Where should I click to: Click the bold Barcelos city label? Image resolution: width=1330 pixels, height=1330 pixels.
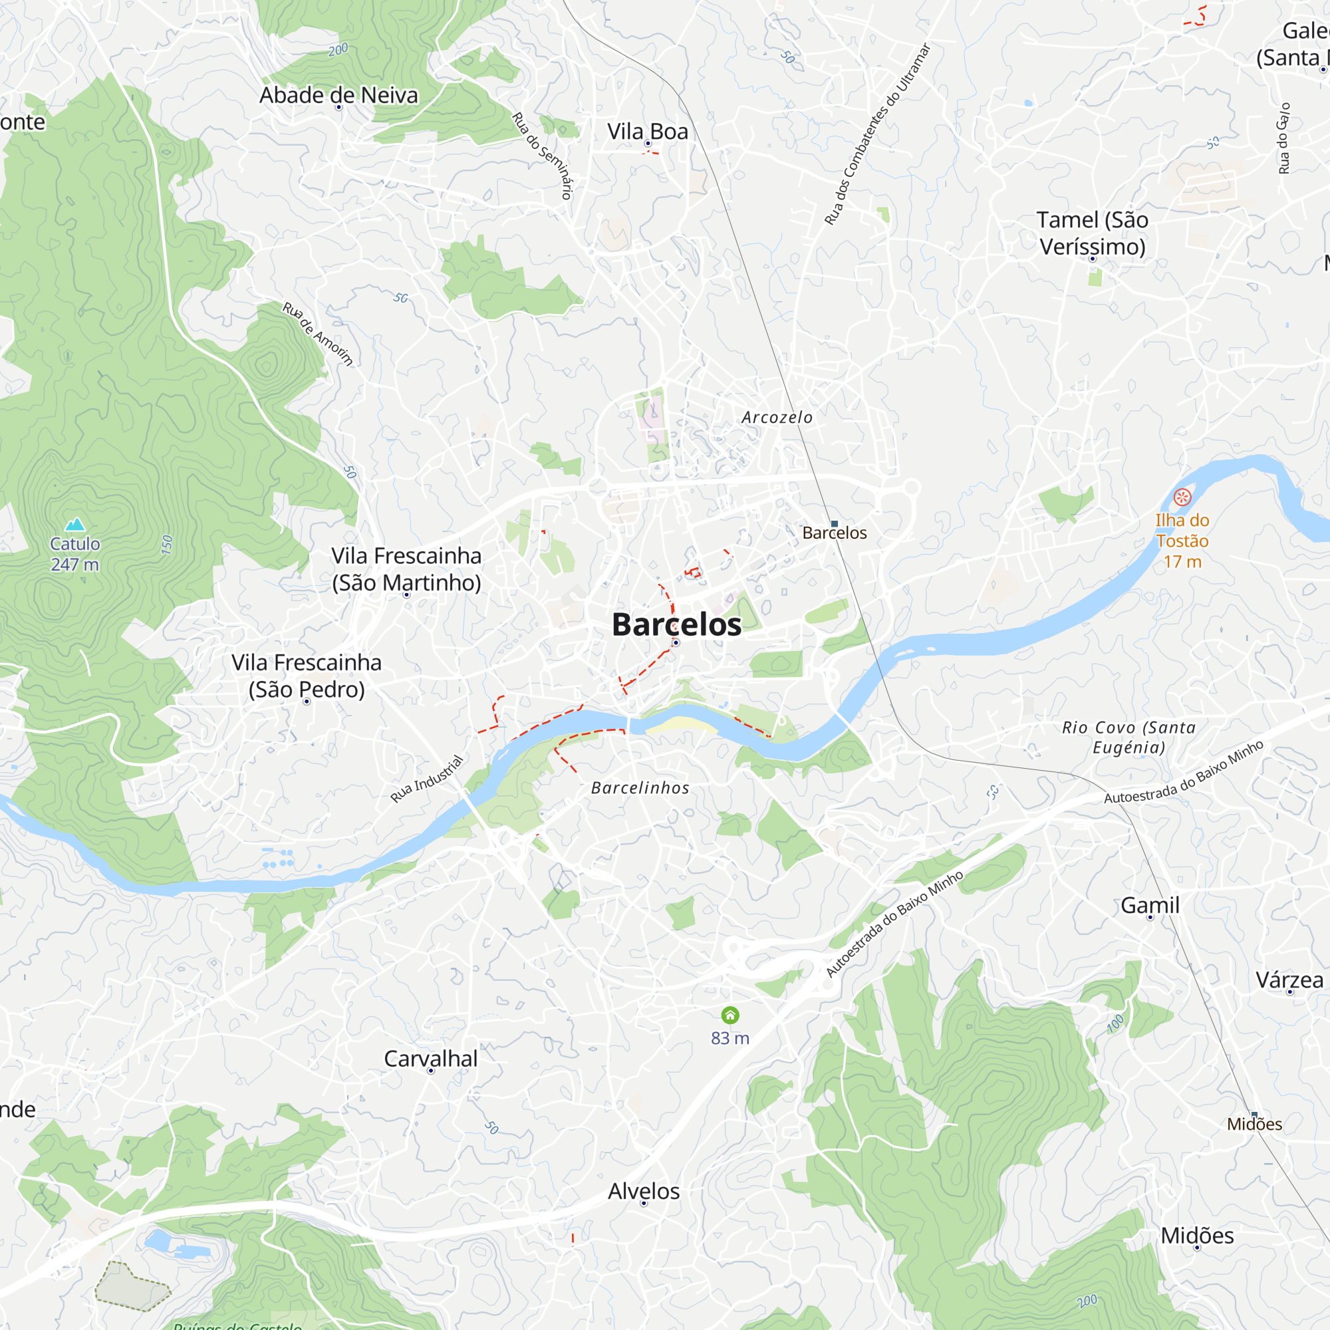click(x=676, y=624)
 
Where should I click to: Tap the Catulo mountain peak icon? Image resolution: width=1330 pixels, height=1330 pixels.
click(x=74, y=525)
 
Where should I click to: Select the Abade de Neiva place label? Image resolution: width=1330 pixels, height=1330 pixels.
click(x=338, y=95)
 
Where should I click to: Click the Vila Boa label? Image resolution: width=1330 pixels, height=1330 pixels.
click(x=647, y=131)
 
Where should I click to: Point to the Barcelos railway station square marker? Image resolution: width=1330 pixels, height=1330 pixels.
click(x=835, y=524)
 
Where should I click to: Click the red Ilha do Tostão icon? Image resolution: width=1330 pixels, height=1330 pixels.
click(x=1182, y=497)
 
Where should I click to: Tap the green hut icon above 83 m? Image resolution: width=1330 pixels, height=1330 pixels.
click(x=730, y=1015)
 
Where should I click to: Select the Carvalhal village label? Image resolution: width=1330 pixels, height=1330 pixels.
click(x=430, y=1058)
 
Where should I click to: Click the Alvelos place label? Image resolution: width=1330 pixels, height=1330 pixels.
click(x=644, y=1191)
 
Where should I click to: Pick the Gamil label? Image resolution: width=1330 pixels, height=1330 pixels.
click(x=1150, y=905)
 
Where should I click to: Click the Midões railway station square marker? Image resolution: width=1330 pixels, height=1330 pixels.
click(x=1254, y=1115)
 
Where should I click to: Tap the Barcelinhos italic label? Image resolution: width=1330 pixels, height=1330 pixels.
click(x=640, y=788)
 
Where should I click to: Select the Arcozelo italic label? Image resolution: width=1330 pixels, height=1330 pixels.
click(x=777, y=417)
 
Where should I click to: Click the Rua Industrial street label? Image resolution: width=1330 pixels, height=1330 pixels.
click(x=427, y=779)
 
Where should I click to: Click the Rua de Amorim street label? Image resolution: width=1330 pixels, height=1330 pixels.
click(x=317, y=334)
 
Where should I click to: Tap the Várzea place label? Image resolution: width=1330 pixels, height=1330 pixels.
click(x=1289, y=980)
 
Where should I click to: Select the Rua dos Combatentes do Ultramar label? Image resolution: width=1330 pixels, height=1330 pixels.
click(x=877, y=134)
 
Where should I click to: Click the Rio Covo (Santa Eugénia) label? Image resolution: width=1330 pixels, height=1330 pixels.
click(x=1129, y=737)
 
